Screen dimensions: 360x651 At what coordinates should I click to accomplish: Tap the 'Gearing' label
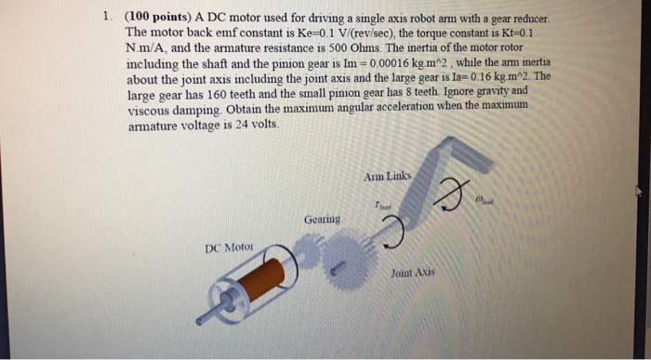[322, 220]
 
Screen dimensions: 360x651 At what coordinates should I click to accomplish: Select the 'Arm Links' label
[389, 175]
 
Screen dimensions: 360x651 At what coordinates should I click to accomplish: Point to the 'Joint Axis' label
[415, 273]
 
